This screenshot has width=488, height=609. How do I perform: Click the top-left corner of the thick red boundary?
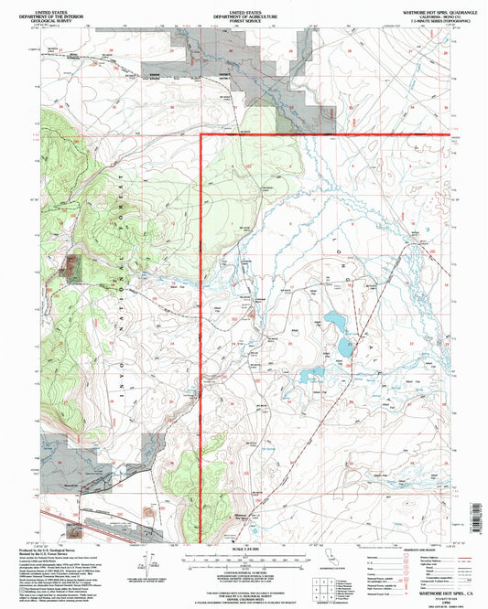pyautogui.click(x=201, y=135)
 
